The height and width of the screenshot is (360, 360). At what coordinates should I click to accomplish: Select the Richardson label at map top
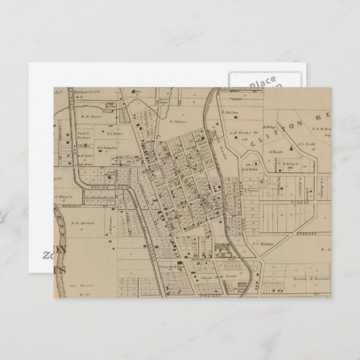tap(87, 90)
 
